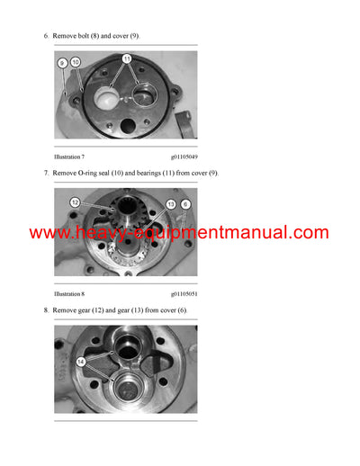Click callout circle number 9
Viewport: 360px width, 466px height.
click(63, 63)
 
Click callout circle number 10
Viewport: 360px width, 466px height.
click(76, 61)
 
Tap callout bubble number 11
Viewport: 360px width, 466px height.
click(127, 58)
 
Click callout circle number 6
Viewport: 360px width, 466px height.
click(185, 204)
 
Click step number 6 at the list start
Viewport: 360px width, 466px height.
click(45, 35)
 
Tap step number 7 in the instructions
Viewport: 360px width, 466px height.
click(45, 172)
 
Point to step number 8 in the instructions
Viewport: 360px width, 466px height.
click(45, 309)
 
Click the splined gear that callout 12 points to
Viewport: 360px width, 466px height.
click(116, 217)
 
